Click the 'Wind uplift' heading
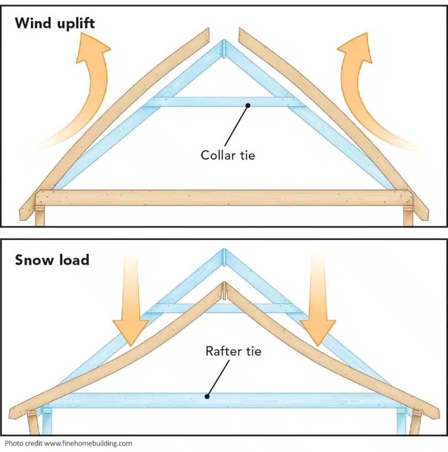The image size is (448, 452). click(55, 23)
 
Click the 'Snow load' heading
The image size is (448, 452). click(52, 260)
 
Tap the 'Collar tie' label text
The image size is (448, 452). click(228, 155)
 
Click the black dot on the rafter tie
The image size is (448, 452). click(207, 397)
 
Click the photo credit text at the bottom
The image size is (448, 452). click(69, 443)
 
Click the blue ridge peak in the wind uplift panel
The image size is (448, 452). click(224, 46)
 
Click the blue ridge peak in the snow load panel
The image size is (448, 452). click(224, 254)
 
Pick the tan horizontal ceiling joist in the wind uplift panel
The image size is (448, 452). click(224, 198)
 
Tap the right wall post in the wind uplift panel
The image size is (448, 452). click(407, 217)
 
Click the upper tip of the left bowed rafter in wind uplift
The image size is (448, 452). click(207, 31)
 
